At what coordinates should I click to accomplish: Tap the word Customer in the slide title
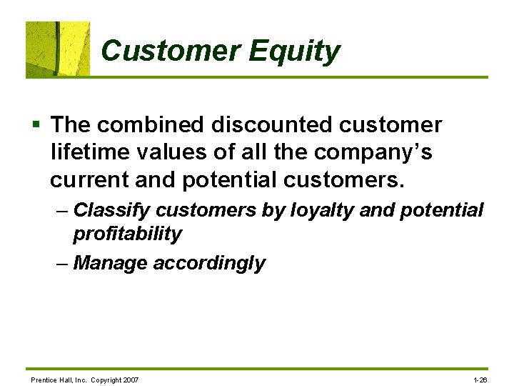point(171,51)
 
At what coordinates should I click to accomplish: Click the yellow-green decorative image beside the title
point(58,49)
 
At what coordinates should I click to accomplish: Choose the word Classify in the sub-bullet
point(111,210)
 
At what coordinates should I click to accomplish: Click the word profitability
point(127,234)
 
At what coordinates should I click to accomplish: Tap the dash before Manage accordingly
point(62,263)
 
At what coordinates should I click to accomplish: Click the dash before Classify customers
point(62,210)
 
